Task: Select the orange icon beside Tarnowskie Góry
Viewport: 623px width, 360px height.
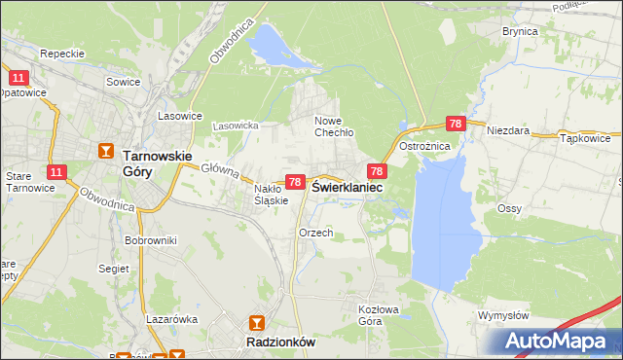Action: [x=106, y=151]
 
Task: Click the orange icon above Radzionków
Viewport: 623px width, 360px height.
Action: [x=256, y=322]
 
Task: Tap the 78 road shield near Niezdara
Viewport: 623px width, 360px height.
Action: [x=455, y=124]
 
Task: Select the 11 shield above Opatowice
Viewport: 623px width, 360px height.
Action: [x=18, y=77]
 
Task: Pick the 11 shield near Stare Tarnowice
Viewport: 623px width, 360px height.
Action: [x=55, y=172]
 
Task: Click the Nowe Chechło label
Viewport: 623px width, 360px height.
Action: [x=333, y=126]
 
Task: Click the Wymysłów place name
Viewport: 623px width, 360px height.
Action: [x=503, y=315]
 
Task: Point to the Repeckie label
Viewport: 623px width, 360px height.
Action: [x=63, y=54]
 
